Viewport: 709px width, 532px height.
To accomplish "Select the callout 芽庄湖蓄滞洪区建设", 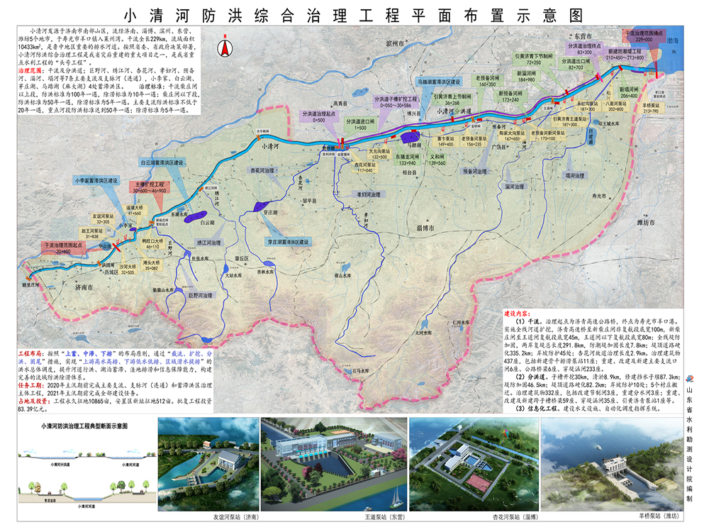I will pos(289,242).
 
